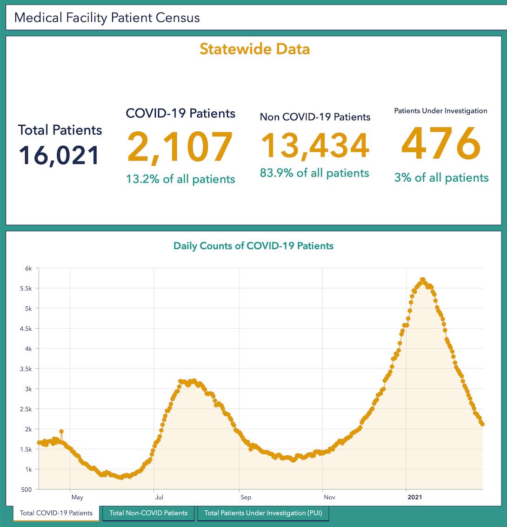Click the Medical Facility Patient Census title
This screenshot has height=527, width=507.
point(107,18)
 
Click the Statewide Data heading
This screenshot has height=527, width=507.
point(254,49)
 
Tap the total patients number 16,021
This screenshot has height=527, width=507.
point(59,155)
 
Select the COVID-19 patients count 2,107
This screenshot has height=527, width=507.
point(180,147)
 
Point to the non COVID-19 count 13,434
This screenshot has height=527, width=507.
point(315,145)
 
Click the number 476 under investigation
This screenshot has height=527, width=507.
point(440,144)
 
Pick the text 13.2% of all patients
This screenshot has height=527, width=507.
point(180,179)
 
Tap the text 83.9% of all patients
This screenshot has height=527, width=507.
point(314,173)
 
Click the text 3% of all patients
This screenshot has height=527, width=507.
point(441,177)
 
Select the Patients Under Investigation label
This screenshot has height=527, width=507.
point(440,111)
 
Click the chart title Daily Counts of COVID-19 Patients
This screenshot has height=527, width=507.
point(253,246)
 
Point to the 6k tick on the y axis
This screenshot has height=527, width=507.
point(28,269)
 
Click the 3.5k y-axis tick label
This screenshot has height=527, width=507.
point(26,369)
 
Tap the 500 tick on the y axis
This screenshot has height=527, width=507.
point(27,490)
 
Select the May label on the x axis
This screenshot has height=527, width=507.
point(77,497)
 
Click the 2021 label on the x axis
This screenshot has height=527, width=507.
point(414,497)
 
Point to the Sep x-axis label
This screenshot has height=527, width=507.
point(246,497)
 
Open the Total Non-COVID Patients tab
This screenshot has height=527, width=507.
point(148,513)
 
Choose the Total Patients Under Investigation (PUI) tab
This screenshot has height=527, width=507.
point(263,513)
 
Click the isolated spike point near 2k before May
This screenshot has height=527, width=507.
point(61,432)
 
